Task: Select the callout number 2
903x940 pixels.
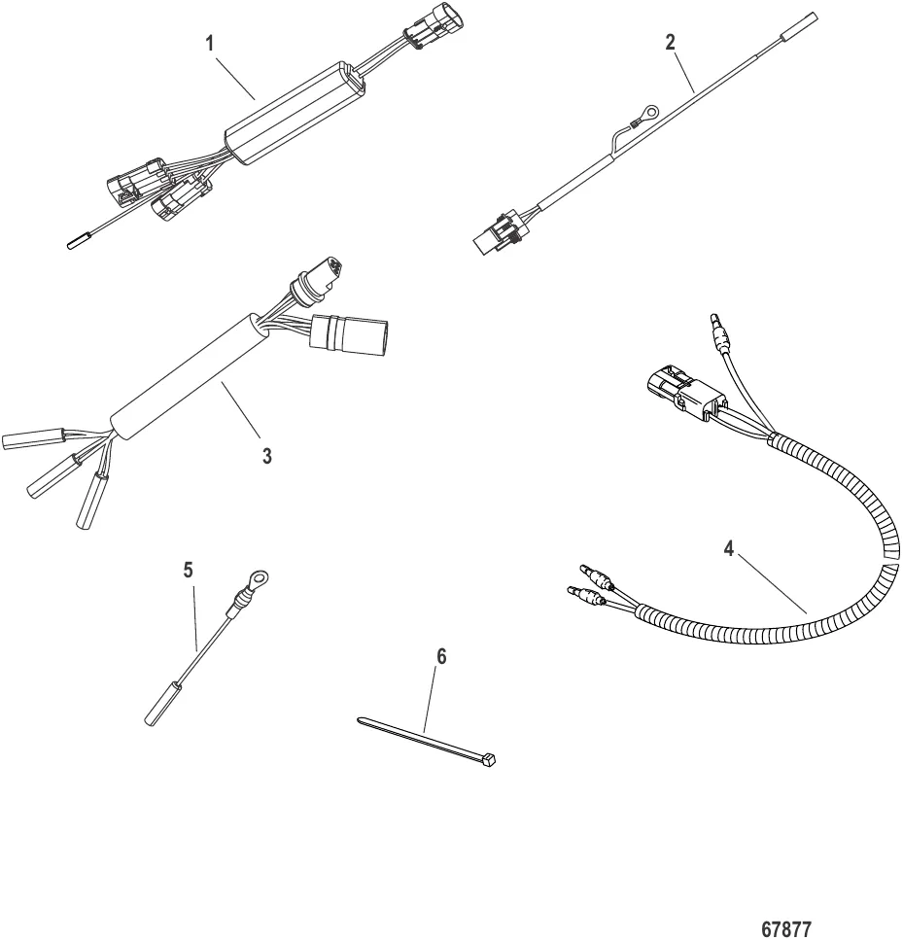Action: click(x=670, y=43)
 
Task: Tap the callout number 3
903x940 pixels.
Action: click(x=266, y=455)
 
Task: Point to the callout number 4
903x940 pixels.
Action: click(x=728, y=546)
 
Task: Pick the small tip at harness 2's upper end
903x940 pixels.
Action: click(x=802, y=20)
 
